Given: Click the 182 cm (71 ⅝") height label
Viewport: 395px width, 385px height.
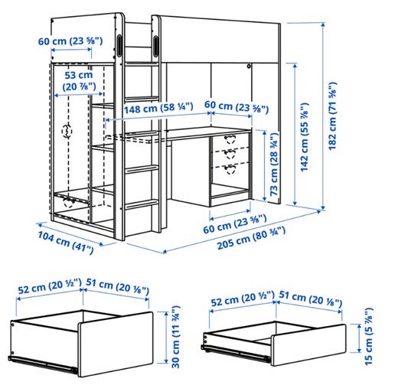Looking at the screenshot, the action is click(332, 116).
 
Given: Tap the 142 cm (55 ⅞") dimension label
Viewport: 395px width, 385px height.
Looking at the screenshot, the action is click(304, 137).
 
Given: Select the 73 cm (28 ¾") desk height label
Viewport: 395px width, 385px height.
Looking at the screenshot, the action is click(273, 164).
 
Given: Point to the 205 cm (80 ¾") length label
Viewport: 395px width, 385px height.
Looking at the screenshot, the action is click(251, 238).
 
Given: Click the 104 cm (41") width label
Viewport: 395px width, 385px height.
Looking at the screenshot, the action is click(66, 242).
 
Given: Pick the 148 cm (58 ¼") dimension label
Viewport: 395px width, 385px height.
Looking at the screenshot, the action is click(158, 108).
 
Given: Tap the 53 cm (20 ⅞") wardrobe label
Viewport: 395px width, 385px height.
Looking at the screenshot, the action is click(79, 81).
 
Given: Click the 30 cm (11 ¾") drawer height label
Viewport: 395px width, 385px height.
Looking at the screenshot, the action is click(176, 337).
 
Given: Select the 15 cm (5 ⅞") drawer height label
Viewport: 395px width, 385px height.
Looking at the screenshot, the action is click(368, 336).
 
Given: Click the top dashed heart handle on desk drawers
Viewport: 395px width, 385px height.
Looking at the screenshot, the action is click(230, 139).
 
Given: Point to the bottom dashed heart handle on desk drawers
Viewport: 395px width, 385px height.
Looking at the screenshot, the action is click(230, 169).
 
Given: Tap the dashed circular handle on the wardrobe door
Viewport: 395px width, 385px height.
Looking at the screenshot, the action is click(67, 131).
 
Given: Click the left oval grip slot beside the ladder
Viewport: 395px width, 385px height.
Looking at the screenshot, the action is click(119, 45).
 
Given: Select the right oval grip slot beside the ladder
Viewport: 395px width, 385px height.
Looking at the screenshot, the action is click(155, 45).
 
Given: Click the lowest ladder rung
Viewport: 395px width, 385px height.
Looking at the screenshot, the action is click(142, 204).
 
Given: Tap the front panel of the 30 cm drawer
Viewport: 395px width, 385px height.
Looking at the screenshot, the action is click(116, 344).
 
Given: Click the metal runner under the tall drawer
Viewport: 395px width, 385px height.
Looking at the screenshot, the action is click(43, 364).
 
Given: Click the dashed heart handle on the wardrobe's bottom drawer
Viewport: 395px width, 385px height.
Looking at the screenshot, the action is click(70, 202).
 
